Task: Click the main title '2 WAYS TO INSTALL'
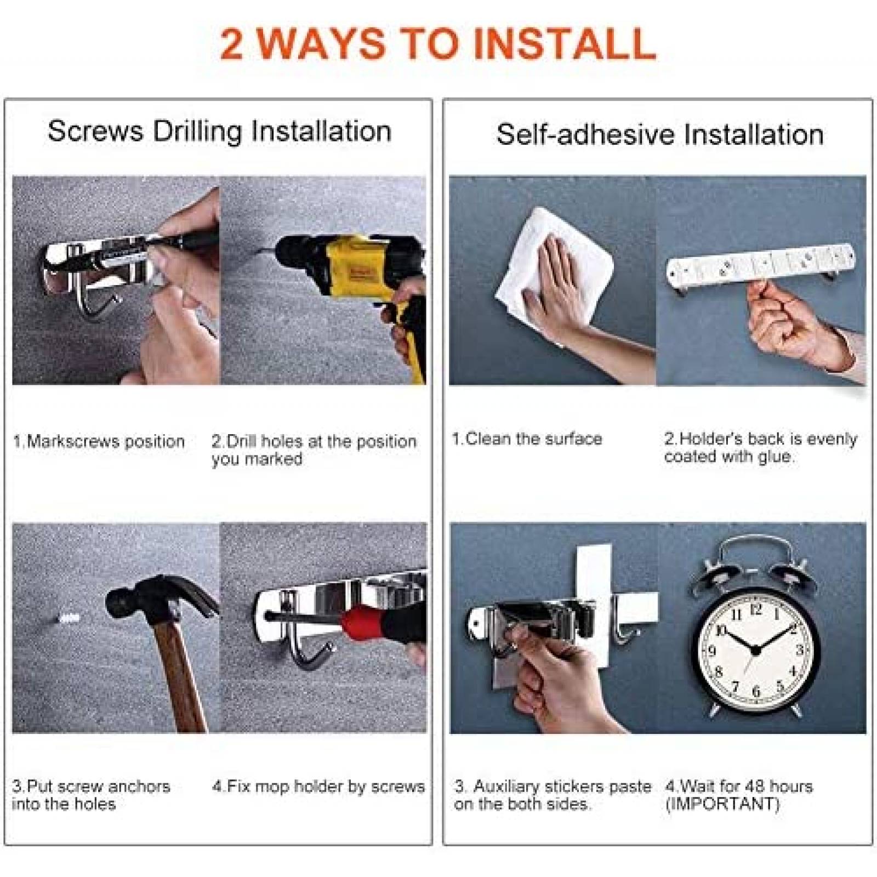(x=438, y=44)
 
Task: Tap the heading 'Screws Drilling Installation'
(x=219, y=132)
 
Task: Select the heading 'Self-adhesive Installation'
(x=660, y=134)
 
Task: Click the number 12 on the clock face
(x=756, y=610)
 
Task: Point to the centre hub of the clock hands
(x=755, y=651)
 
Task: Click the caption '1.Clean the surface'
(x=527, y=439)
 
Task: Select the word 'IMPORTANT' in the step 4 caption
(x=722, y=804)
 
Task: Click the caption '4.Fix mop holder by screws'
(x=318, y=787)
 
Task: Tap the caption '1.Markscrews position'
(x=99, y=441)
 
